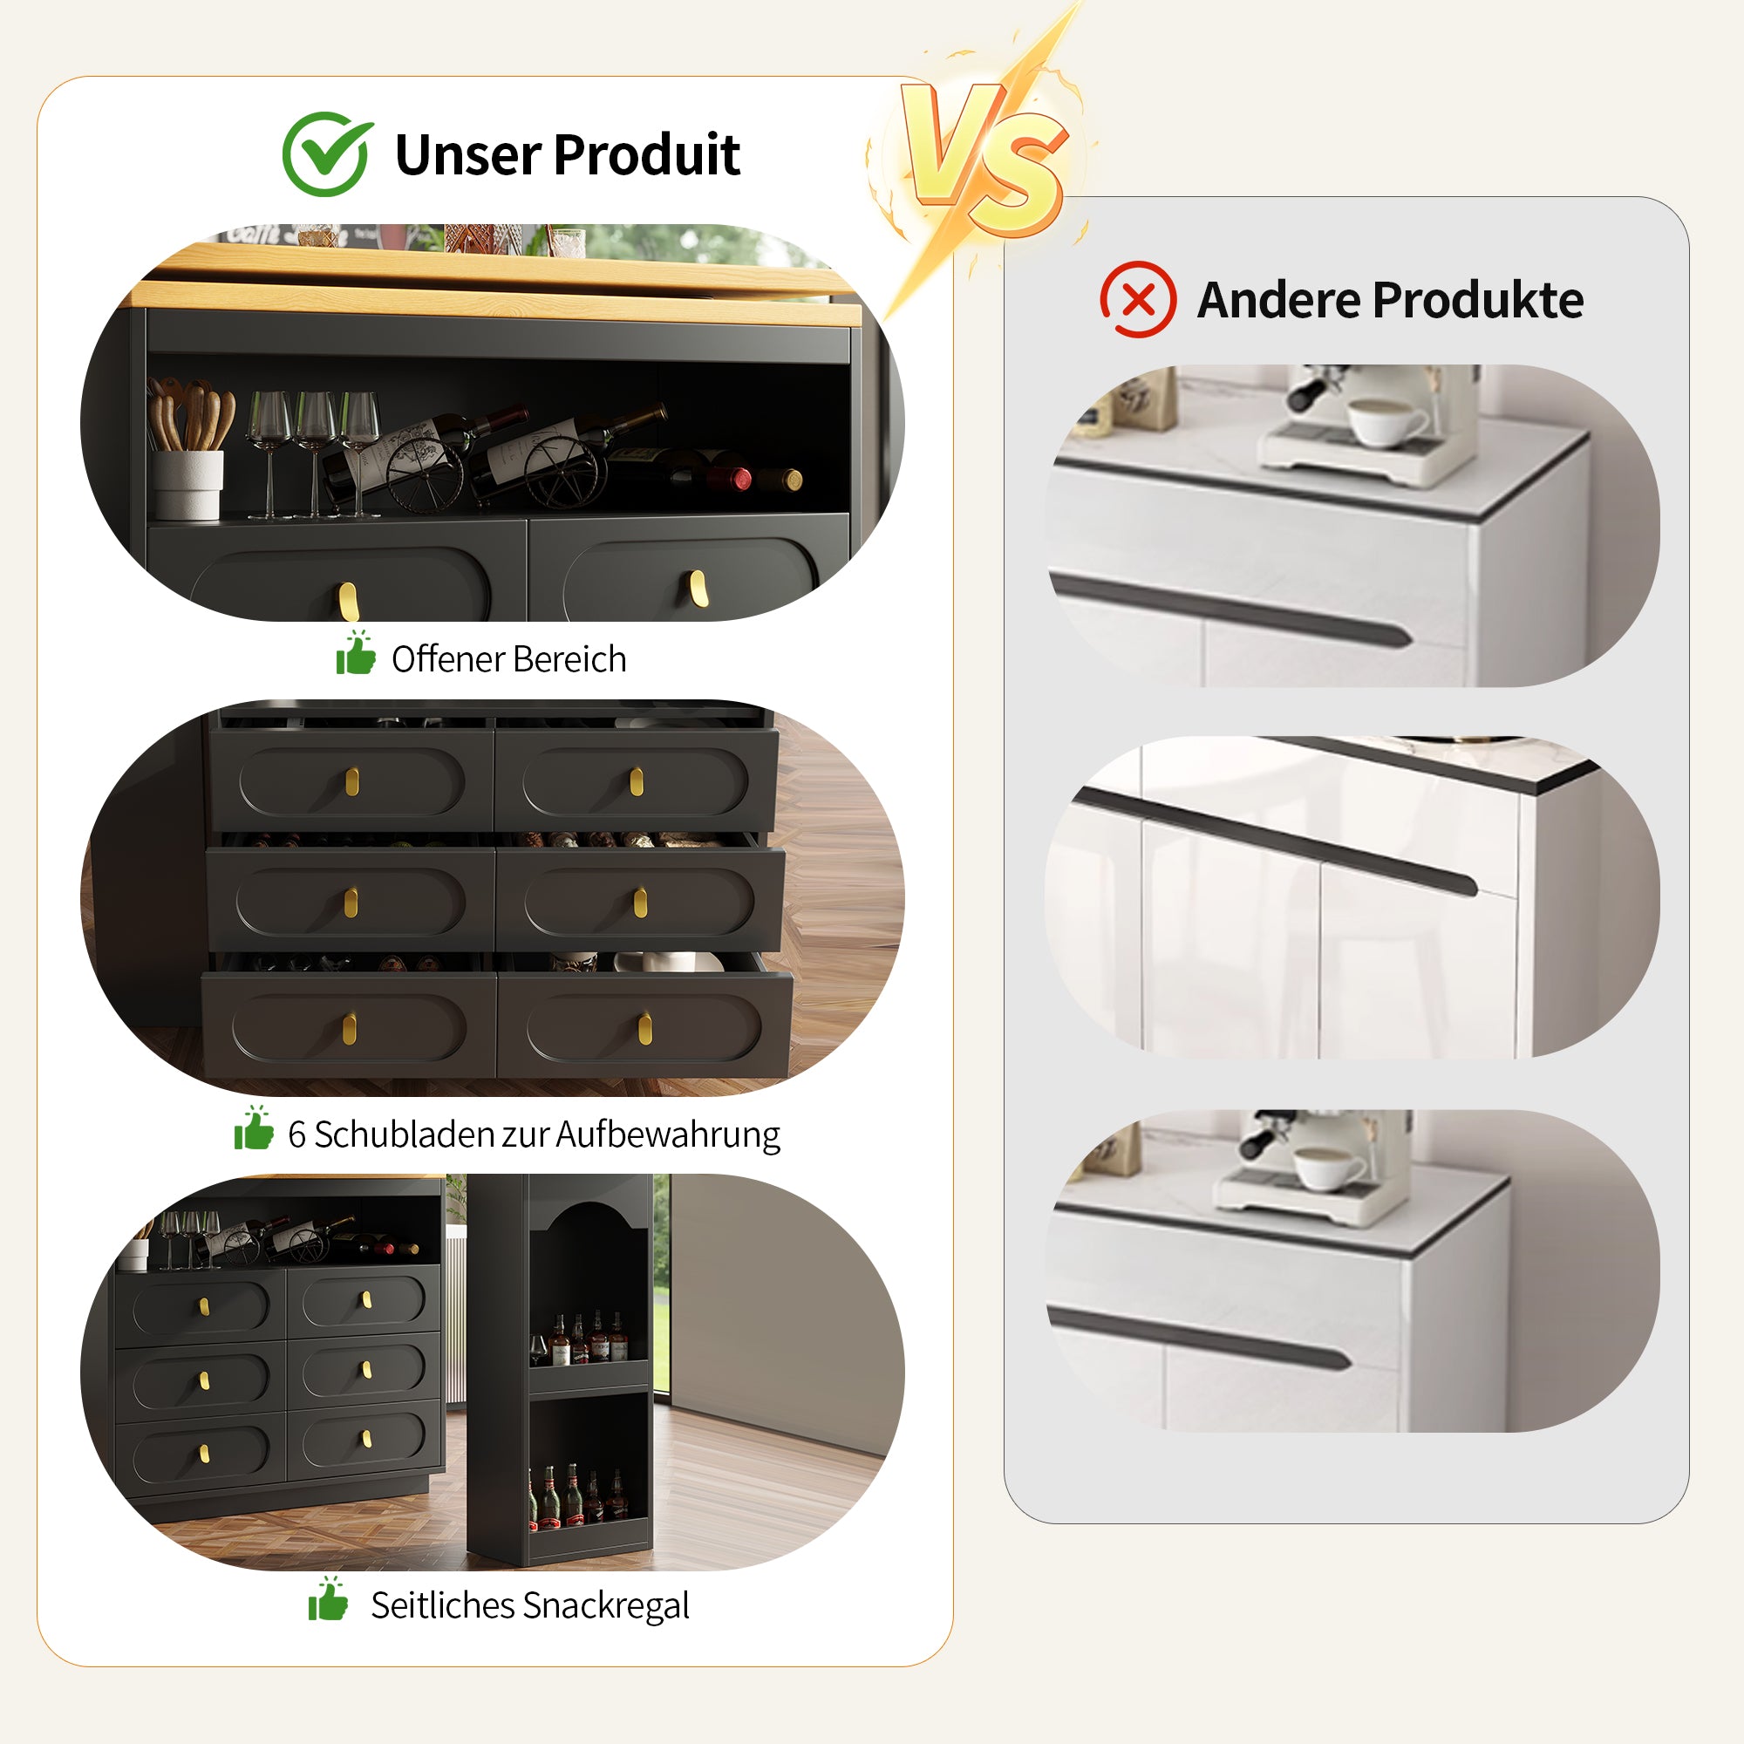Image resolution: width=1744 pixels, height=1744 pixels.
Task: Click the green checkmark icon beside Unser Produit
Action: tap(327, 153)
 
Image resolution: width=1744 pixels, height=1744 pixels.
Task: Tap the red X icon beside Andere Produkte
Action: tap(1137, 300)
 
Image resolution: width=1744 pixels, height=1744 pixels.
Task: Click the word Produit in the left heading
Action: tap(646, 154)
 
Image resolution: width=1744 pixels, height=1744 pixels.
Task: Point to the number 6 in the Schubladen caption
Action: tap(296, 1134)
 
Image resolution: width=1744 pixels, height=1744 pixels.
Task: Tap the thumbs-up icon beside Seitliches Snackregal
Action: tap(328, 1598)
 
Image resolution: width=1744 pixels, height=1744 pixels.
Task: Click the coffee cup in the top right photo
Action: tap(1386, 421)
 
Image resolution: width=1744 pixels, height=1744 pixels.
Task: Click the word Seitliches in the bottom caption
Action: tap(441, 1604)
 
